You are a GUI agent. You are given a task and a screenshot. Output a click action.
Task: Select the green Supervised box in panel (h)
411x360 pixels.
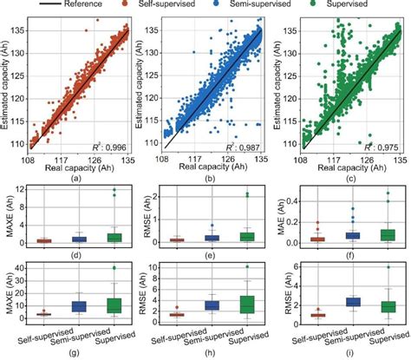click(248, 304)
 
